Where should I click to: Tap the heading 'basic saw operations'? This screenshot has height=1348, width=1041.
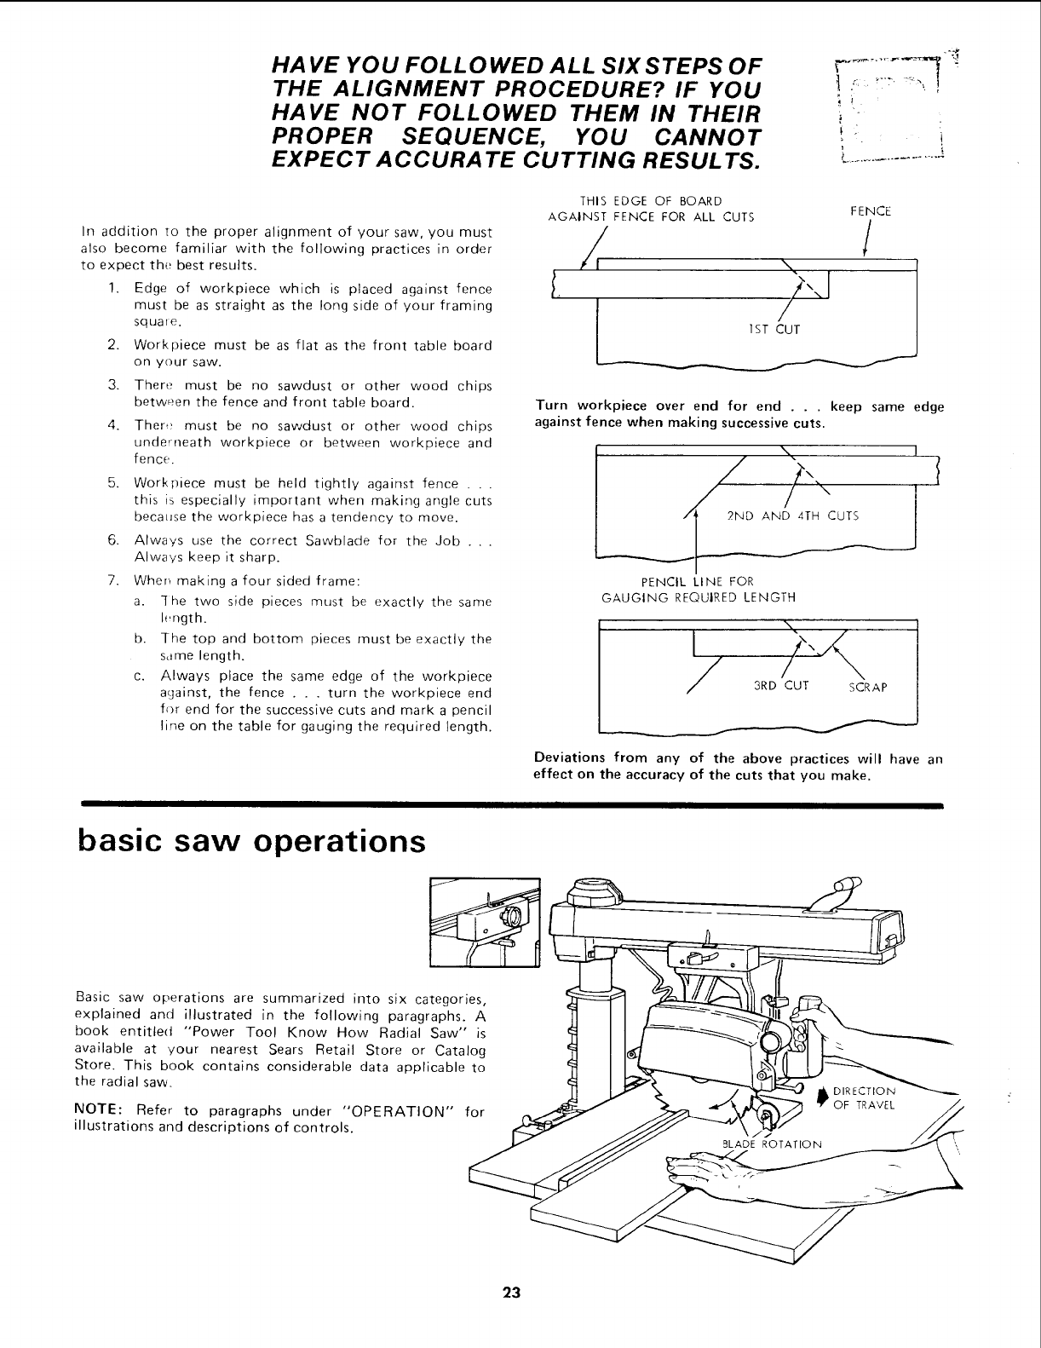coord(250,841)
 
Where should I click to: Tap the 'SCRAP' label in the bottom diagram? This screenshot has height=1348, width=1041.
coord(869,688)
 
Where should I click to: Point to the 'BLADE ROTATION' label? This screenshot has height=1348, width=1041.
coord(772,1143)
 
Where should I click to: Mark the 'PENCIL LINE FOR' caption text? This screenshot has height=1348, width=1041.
coord(698,582)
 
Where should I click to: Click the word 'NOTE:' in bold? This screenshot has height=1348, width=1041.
coord(99,1111)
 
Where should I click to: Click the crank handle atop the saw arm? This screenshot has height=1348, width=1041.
coord(838,892)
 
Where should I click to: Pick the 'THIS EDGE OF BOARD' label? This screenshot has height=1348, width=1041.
coord(651,201)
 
